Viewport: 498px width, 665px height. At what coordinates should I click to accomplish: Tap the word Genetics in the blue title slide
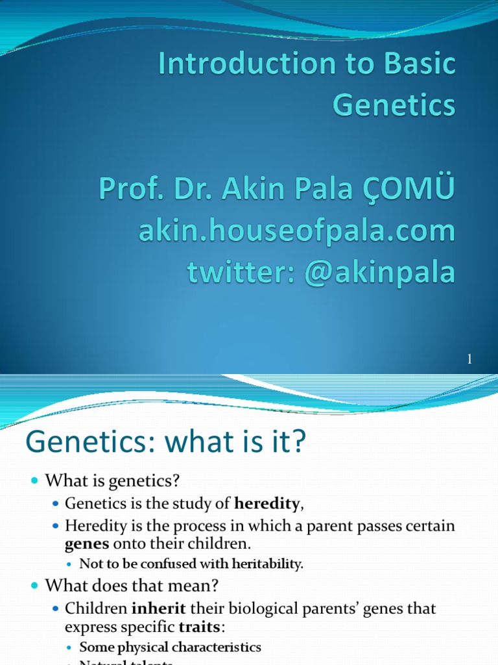394,105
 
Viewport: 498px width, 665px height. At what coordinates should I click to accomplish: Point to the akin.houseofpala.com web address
296,231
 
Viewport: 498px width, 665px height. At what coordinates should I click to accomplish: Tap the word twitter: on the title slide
233,272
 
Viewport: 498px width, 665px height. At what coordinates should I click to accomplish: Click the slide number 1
469,360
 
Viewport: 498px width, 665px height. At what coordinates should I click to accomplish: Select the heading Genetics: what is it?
165,444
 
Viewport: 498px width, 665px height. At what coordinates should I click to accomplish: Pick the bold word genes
86,544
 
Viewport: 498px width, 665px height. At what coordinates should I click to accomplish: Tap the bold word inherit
154,609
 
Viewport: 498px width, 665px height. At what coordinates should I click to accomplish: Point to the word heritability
266,564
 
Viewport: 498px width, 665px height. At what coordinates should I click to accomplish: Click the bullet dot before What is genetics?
35,481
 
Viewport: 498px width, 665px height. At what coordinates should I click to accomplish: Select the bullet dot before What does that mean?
35,586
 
